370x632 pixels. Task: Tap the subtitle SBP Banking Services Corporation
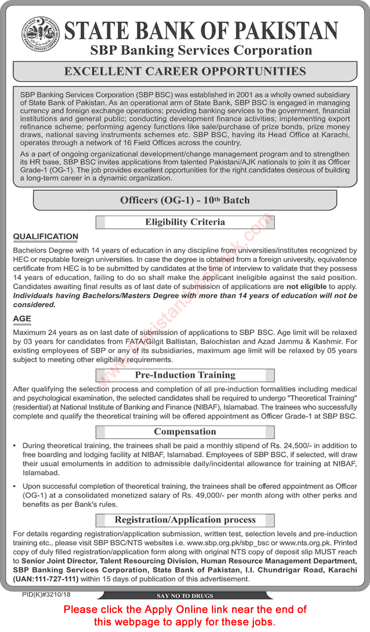click(201, 50)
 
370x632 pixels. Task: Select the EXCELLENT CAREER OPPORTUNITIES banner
click(185, 71)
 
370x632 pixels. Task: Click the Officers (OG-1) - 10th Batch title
click(185, 199)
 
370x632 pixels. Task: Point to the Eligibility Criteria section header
click(185, 222)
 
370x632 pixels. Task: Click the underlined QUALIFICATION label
click(46, 237)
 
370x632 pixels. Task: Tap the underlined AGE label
click(22, 319)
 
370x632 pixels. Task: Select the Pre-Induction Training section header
click(185, 375)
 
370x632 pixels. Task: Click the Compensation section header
click(185, 432)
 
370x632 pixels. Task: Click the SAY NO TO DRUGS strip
click(185, 596)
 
